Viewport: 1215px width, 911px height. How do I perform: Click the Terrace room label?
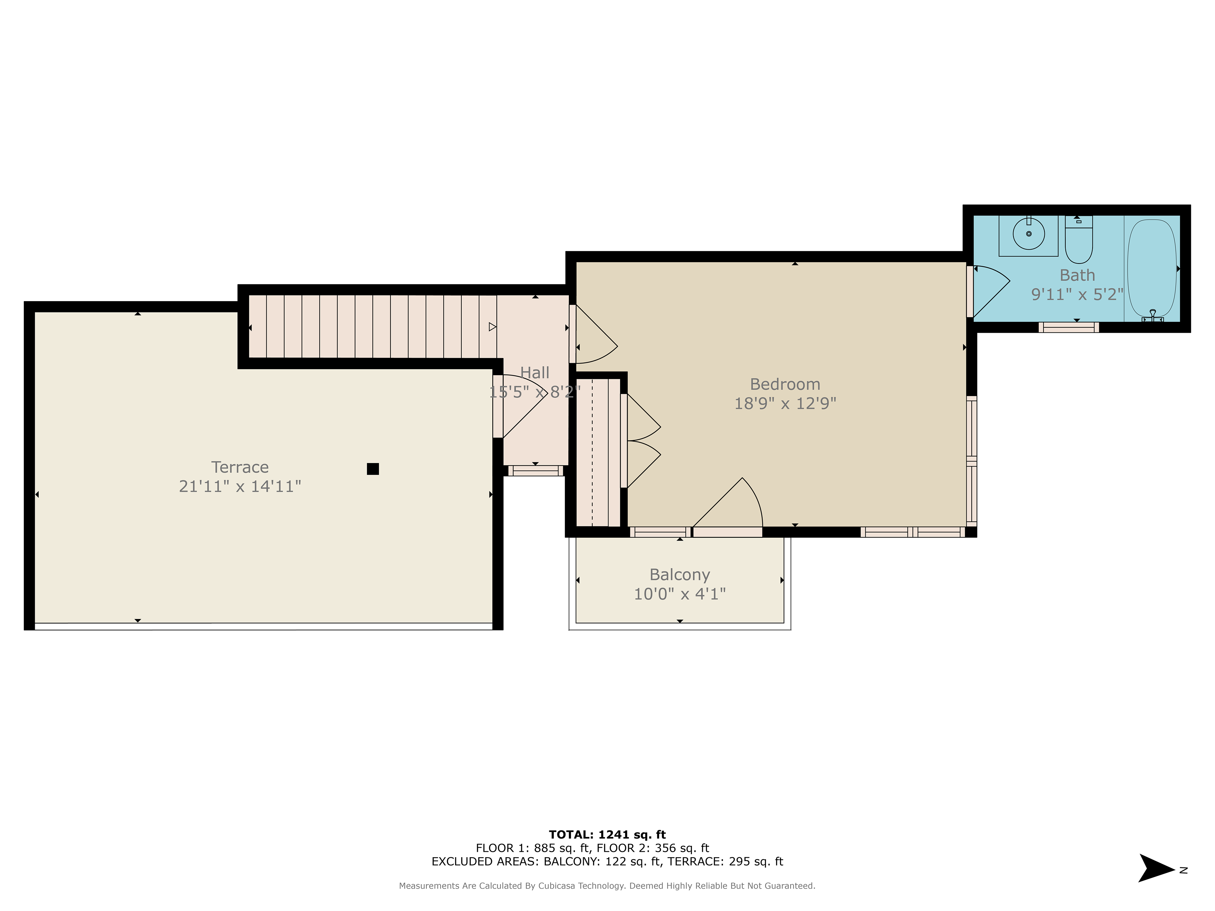(240, 467)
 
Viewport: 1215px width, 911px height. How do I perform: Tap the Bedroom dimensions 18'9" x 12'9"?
(785, 404)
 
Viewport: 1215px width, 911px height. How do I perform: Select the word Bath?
(1077, 275)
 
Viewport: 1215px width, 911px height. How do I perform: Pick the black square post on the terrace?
(373, 469)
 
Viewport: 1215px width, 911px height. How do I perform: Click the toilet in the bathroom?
(1079, 239)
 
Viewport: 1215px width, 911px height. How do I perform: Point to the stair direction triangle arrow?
(493, 327)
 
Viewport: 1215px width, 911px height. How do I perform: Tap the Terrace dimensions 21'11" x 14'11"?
(240, 486)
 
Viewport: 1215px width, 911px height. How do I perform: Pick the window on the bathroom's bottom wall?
(1068, 327)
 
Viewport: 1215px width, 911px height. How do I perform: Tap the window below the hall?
(536, 471)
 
